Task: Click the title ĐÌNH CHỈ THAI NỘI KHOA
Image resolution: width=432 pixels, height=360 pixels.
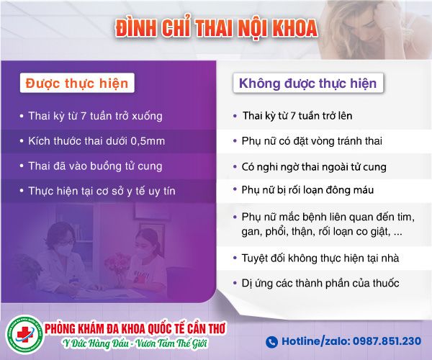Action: pos(217,27)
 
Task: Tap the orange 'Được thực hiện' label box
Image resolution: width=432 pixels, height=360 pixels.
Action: pos(77,83)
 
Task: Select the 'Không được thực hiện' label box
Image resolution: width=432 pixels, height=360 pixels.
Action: pos(308,83)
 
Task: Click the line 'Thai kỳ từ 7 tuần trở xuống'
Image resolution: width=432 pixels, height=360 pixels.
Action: pos(95,116)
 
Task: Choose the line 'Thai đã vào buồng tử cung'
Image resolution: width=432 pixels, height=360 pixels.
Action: pos(95,166)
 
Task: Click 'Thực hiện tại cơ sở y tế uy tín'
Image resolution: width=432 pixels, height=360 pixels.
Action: pos(102,191)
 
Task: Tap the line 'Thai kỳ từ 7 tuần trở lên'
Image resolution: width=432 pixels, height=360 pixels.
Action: pos(297,116)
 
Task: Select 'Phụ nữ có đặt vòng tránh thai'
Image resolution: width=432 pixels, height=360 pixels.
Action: pos(312,141)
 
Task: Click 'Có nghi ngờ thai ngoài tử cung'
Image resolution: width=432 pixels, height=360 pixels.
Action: pos(314,167)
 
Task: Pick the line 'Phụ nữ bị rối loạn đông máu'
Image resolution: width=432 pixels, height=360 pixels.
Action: pos(307,190)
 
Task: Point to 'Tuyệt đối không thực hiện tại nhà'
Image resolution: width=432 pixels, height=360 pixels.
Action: pos(320,258)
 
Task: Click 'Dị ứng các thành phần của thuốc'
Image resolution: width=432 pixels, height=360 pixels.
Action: pos(320,283)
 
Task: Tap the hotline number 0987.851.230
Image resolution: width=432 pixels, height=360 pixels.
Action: pos(387,341)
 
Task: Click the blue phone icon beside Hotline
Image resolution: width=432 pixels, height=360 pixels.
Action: pos(271,342)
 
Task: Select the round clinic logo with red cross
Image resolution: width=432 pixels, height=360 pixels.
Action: pos(24,334)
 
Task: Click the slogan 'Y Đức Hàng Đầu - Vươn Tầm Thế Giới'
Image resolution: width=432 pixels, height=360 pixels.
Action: pos(135,343)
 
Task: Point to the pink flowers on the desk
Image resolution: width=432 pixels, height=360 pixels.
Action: pos(117,264)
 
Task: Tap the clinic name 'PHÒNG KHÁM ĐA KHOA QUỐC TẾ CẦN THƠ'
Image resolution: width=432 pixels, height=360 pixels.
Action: pos(135,328)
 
